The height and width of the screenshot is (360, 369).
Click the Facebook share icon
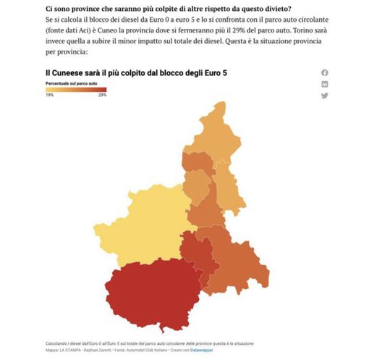tap(324, 72)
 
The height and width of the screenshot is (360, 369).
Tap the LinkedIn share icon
tap(324, 84)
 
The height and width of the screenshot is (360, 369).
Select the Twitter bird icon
tap(324, 96)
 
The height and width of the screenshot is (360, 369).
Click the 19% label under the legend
tap(49, 95)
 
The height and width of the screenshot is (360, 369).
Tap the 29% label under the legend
tap(102, 95)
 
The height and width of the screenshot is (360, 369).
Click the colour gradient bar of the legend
tap(75, 89)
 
